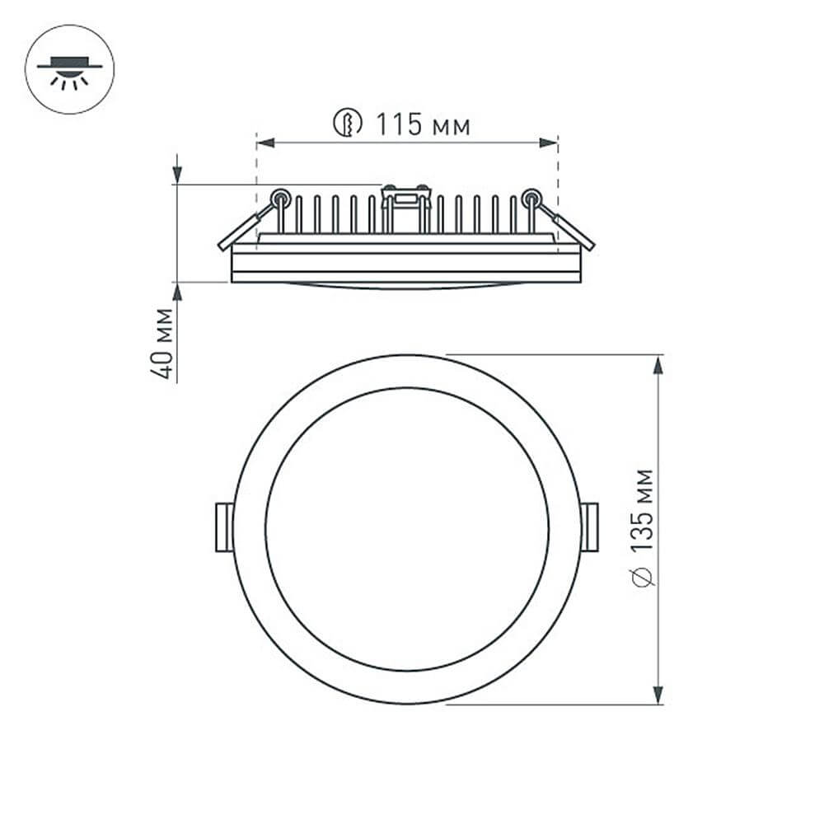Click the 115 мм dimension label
click(424, 124)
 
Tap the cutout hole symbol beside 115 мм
click(349, 124)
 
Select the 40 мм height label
click(164, 343)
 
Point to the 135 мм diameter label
click(644, 509)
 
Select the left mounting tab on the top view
click(223, 527)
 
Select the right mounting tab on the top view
click(589, 527)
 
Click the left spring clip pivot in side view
click(280, 197)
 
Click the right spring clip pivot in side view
click(531, 197)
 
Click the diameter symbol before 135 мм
click(645, 577)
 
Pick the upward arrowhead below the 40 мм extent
click(177, 293)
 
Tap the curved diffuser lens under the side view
click(405, 286)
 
